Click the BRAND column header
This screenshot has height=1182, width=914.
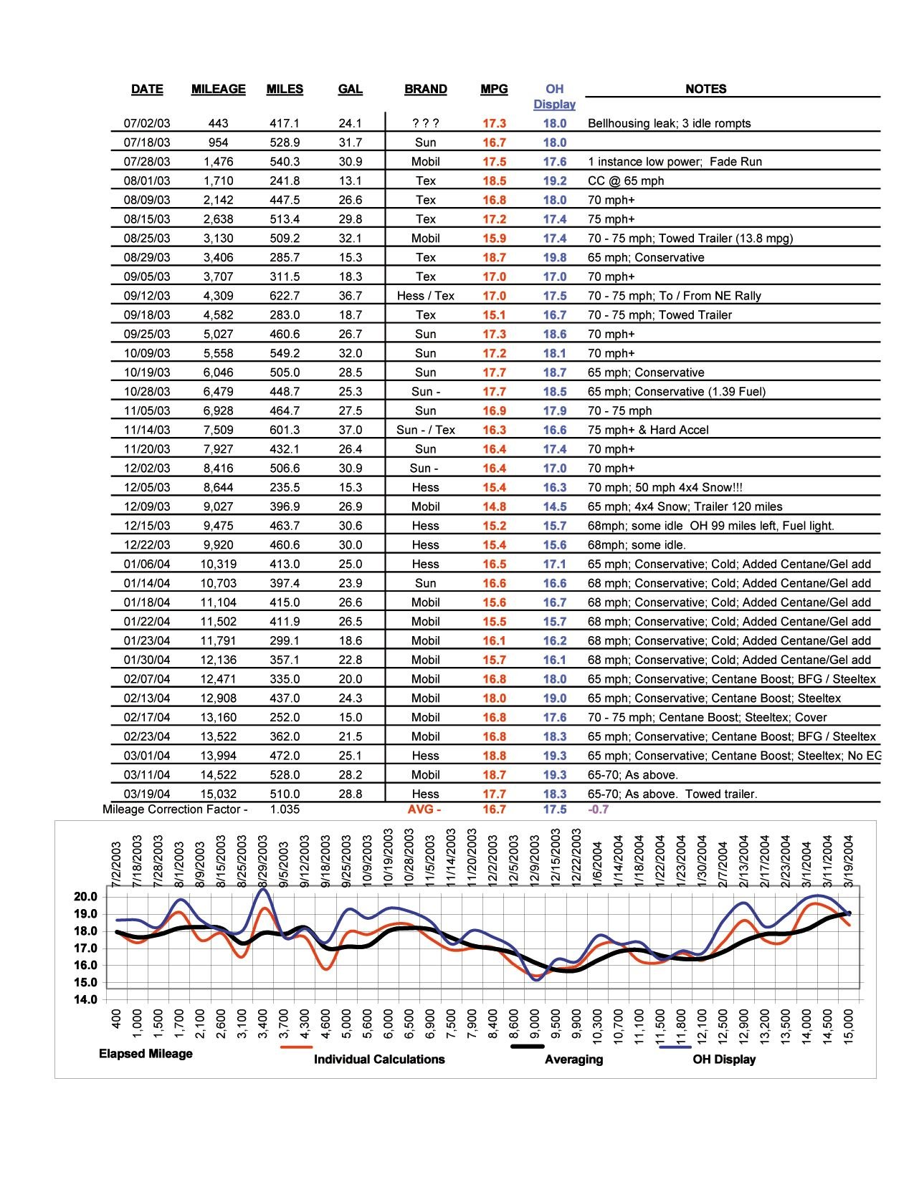[x=425, y=89]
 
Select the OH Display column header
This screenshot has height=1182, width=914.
[x=554, y=96]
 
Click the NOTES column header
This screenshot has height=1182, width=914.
[x=705, y=89]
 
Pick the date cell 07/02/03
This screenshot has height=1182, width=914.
[x=147, y=123]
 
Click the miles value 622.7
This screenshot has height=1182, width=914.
[x=285, y=296]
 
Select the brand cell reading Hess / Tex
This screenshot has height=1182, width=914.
[x=425, y=296]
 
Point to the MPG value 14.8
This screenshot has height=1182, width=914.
[x=494, y=506]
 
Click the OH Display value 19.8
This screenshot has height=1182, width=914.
[x=554, y=257]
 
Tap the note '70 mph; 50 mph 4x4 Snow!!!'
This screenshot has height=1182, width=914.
[x=665, y=487]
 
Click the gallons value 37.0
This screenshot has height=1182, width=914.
[x=350, y=430]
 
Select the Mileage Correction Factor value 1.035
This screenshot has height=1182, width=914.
[x=285, y=809]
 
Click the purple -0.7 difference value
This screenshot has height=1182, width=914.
[x=598, y=809]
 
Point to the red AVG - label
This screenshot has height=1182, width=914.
[x=424, y=809]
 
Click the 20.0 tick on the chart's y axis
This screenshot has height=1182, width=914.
[x=85, y=897]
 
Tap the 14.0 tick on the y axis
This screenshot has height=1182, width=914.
[x=85, y=1000]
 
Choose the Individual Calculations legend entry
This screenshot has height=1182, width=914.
[x=379, y=1060]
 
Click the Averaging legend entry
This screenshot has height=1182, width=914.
[x=573, y=1060]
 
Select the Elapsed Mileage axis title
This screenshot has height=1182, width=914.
[x=146, y=1054]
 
